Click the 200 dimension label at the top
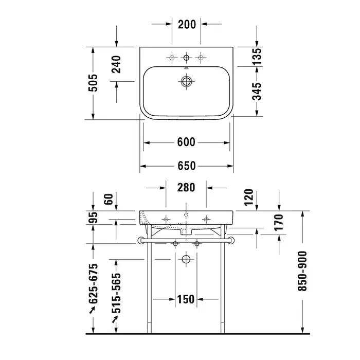[187, 24]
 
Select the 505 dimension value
[93, 83]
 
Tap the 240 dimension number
[116, 64]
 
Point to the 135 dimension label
[257, 57]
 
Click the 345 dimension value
[257, 92]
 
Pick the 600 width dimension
[186, 142]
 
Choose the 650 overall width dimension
[186, 166]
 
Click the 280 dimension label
[186, 188]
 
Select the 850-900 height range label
[302, 271]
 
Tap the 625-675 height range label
[93, 284]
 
